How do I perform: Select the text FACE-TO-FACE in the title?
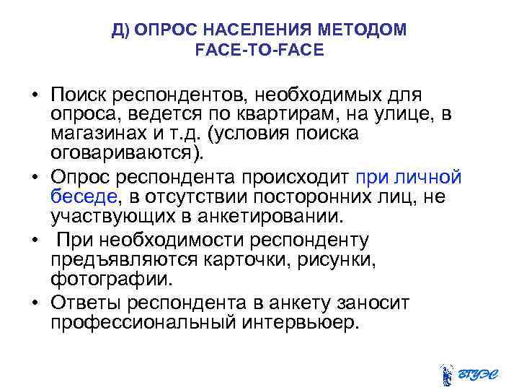pos(259,51)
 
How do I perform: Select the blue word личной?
pos(430,178)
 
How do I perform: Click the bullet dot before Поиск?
pos(33,95)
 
